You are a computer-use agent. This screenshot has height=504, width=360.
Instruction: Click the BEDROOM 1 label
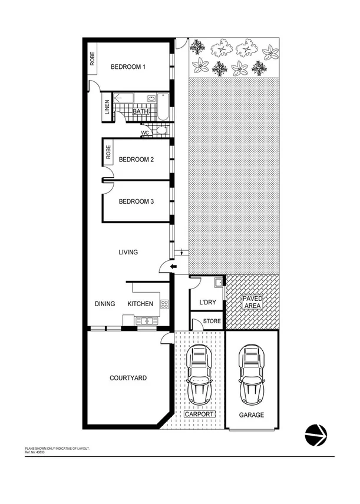click(128, 67)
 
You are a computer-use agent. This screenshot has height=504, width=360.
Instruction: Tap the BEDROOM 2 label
click(136, 160)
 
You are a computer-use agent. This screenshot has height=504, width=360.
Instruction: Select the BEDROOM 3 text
click(136, 201)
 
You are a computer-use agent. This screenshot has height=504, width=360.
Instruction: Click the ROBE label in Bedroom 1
click(93, 59)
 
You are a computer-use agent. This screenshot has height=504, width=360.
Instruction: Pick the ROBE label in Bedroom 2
click(108, 151)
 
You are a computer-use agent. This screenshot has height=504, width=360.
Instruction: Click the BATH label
click(140, 111)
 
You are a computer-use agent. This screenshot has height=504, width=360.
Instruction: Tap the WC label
click(144, 133)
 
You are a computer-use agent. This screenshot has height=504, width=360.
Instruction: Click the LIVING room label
click(128, 252)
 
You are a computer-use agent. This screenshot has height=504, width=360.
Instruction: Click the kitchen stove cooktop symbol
click(164, 304)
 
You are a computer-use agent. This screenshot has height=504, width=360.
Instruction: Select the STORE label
click(212, 321)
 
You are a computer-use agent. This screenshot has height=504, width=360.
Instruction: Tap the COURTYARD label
click(128, 378)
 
